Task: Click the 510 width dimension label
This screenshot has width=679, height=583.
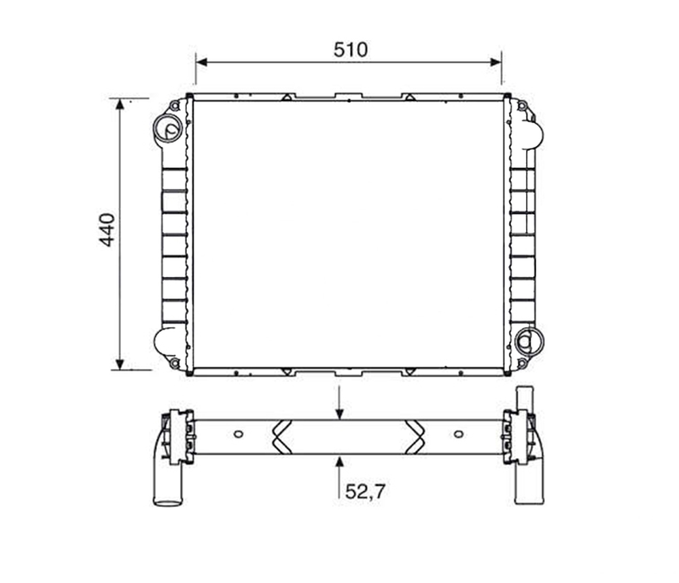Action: point(351,50)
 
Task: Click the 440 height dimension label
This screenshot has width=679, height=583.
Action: point(107,229)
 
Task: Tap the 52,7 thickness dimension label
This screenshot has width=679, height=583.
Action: point(365,491)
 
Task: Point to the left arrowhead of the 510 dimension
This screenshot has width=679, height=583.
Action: point(201,62)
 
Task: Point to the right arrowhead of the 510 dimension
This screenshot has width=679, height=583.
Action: point(495,62)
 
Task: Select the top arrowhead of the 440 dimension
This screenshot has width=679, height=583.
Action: point(120,104)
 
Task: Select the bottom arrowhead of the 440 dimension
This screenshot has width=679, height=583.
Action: point(120,364)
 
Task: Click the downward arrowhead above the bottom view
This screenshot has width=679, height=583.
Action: point(340,414)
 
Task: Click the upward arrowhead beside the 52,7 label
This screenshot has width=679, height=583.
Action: point(340,461)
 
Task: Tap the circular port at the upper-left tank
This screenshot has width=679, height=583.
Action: point(168,128)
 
